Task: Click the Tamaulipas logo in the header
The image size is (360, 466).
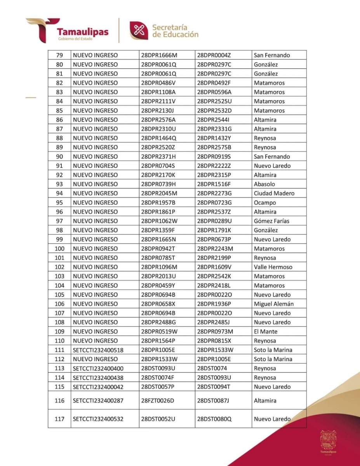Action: pos(68,31)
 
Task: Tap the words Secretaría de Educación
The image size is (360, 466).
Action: pos(175,31)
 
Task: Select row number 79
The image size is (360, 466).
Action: pos(59,55)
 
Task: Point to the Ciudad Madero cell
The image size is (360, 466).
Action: pos(274,193)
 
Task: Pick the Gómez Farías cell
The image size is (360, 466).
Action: pos(271,221)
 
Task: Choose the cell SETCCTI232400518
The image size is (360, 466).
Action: pos(98,350)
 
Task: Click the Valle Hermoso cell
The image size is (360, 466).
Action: pos(273,267)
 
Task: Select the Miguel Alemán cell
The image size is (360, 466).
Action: pos(274,304)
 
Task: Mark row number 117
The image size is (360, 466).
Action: pos(59,419)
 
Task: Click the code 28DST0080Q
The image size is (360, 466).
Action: pos(214,419)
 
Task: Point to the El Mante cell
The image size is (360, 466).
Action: pos(266,332)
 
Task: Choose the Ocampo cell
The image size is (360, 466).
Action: pos(265,203)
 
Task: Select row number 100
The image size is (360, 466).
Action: pos(59,249)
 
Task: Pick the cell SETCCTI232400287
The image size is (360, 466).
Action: pos(98,400)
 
